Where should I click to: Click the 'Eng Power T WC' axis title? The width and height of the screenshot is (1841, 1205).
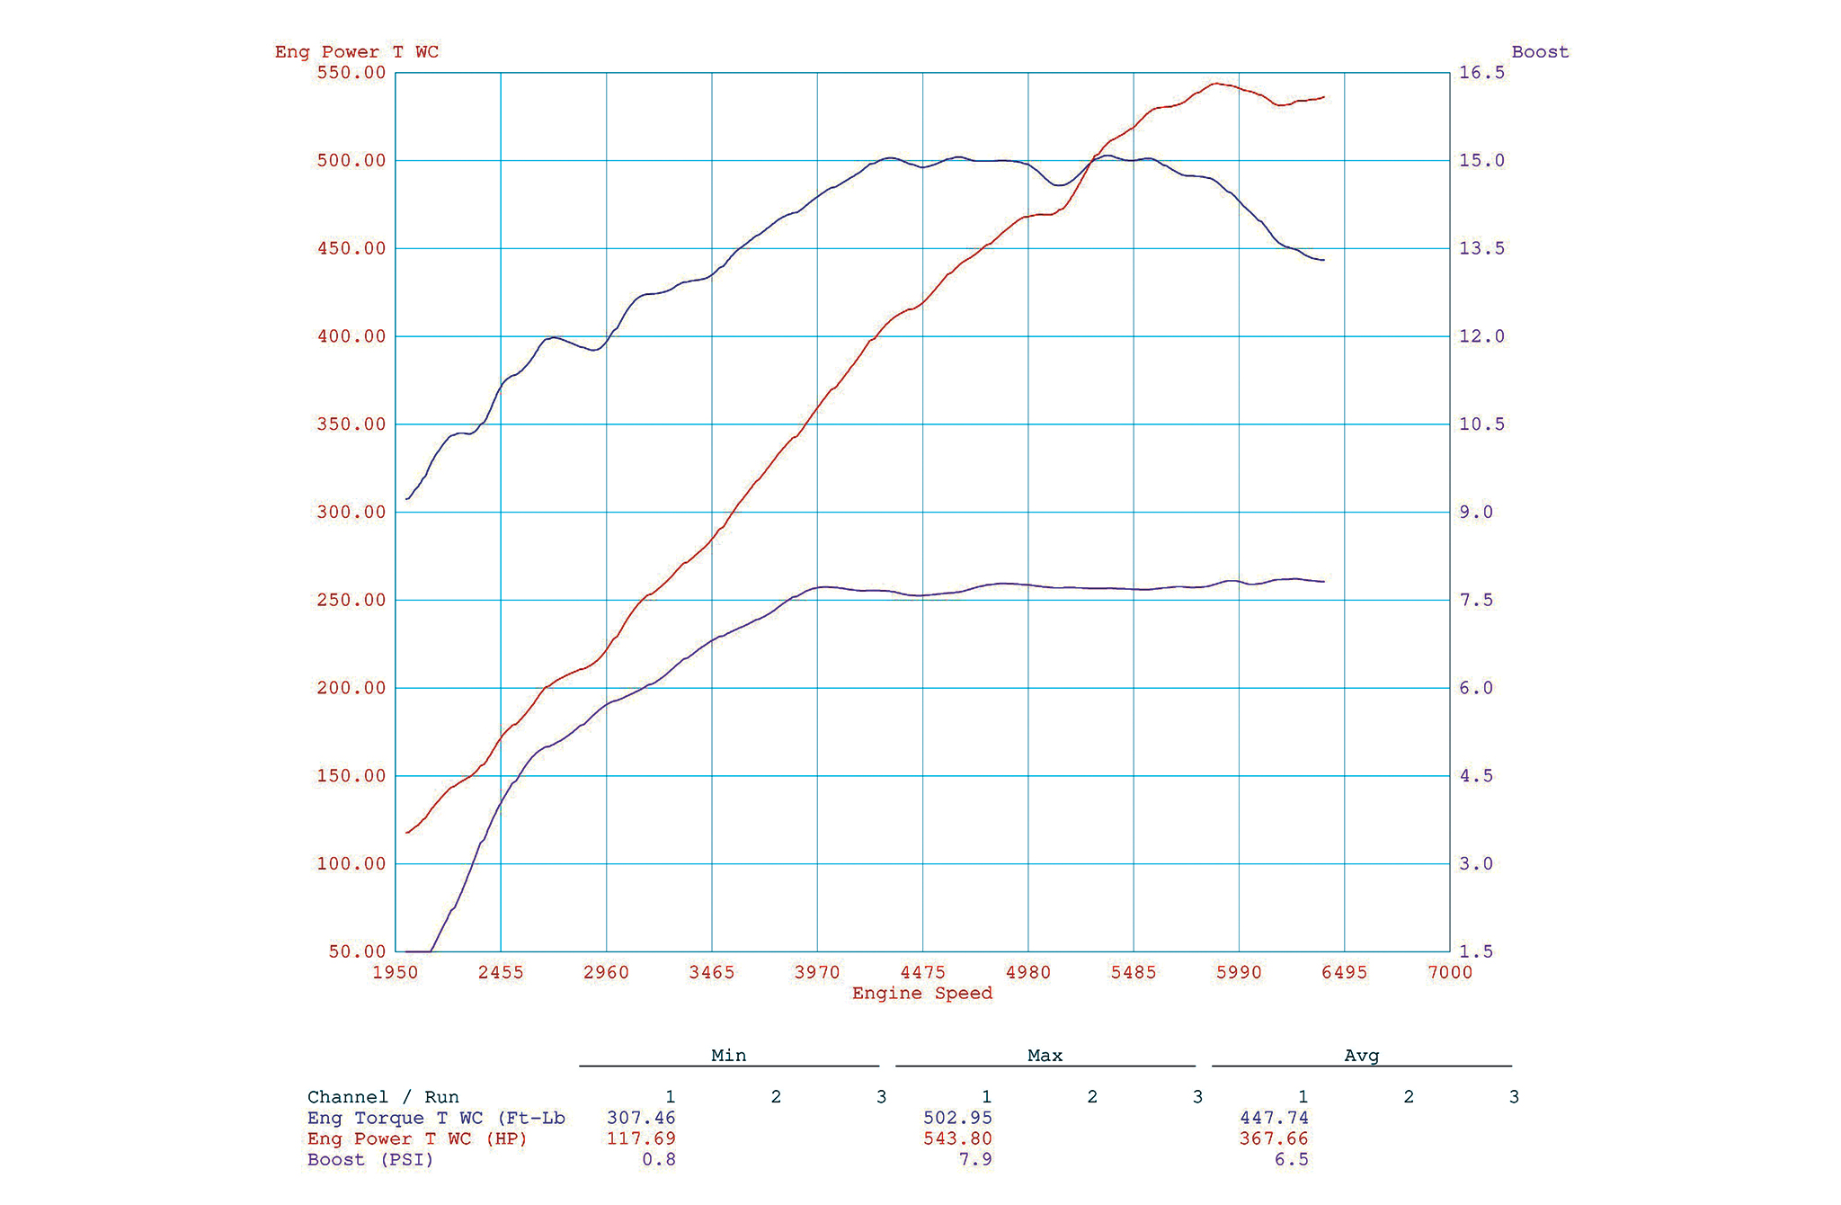pos(357,52)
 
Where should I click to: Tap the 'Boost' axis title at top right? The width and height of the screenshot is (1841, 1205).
pos(1540,52)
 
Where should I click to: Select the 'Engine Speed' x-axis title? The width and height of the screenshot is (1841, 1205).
pos(922,994)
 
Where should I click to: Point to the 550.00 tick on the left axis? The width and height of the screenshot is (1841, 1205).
pos(351,73)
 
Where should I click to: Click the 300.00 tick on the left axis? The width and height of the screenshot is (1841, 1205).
pos(351,513)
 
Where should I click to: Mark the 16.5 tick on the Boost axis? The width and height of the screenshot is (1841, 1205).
pos(1481,73)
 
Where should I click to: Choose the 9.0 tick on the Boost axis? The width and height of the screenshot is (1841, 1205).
pos(1475,513)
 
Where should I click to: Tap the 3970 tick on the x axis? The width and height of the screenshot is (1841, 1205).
pos(817,972)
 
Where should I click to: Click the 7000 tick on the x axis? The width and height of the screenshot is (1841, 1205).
pos(1450,972)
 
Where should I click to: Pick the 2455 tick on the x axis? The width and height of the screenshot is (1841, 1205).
pos(501,972)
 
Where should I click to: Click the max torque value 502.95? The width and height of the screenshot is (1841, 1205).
pos(957,1118)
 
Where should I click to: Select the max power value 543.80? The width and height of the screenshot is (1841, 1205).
pos(957,1138)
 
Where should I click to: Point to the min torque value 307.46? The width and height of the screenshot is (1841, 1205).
pos(641,1118)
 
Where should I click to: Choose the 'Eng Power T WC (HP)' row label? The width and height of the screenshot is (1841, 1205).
pos(417,1138)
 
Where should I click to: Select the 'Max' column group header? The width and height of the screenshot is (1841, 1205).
pos(1045,1056)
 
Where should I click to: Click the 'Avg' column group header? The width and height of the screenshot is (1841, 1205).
pos(1361,1056)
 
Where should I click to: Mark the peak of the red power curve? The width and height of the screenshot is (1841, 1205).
pos(1215,84)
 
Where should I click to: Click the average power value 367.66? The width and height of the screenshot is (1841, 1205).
pos(1274,1138)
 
